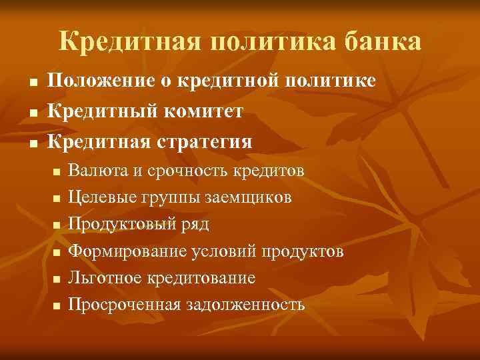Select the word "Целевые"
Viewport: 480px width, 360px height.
[102, 197]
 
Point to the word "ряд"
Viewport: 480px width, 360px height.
[193, 225]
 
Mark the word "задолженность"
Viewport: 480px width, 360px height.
[245, 305]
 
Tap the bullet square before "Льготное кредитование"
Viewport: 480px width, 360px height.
[57, 279]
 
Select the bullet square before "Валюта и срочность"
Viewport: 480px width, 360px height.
[57, 172]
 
